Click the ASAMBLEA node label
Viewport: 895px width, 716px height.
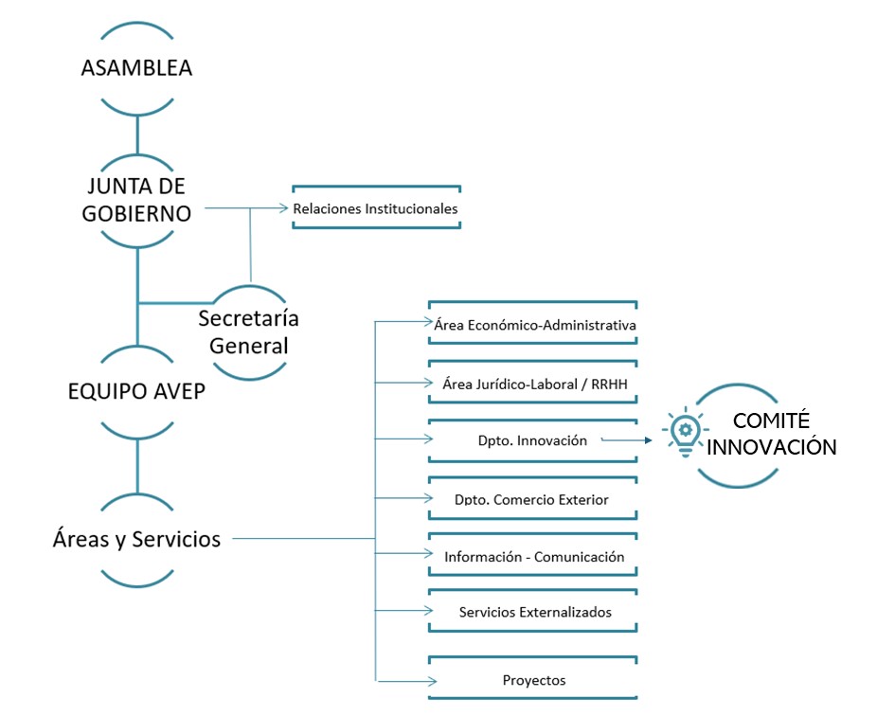tap(137, 68)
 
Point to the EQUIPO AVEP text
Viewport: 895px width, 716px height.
tap(137, 391)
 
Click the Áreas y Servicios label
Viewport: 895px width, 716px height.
tap(137, 539)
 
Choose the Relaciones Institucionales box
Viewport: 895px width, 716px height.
tap(376, 208)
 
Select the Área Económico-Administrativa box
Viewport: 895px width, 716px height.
tap(534, 325)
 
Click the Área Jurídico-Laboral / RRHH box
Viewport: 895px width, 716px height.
tap(534, 384)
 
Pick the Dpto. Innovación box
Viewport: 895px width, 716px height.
tap(533, 440)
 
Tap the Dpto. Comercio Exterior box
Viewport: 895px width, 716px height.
tap(532, 499)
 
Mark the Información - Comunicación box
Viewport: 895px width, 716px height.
tap(534, 557)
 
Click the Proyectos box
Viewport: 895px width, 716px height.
tap(534, 680)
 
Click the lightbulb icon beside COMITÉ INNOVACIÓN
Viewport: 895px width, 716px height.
tap(683, 433)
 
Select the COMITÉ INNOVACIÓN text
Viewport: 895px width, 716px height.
tap(772, 434)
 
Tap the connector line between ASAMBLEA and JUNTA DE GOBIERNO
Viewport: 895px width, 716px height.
tap(137, 134)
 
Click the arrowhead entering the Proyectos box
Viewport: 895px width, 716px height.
tap(432, 681)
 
